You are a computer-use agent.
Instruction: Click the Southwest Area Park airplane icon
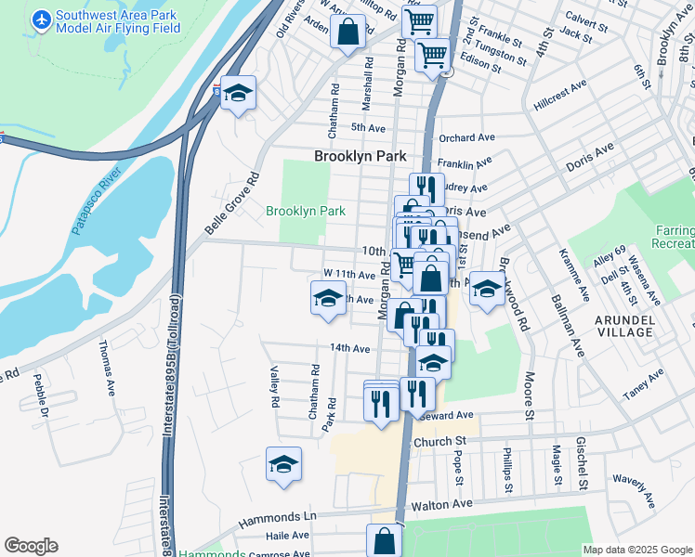pos(42,19)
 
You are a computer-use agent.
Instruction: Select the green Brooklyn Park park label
pos(306,211)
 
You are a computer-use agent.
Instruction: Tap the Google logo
pos(31,546)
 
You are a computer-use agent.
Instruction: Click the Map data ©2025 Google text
pos(636,549)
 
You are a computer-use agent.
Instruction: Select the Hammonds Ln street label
pos(278,516)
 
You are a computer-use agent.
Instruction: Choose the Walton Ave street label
pos(444,504)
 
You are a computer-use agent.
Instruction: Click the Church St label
pos(439,442)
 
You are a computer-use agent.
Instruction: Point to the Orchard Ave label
pos(466,137)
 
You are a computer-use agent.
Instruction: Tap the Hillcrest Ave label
pos(560,96)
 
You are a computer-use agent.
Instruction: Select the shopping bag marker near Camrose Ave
pos(384,538)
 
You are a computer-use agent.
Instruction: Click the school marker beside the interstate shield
pos(239,92)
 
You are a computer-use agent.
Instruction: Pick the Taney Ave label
pos(643,383)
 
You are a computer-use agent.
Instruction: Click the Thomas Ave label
pos(109,368)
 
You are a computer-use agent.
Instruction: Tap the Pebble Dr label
pos(40,390)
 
